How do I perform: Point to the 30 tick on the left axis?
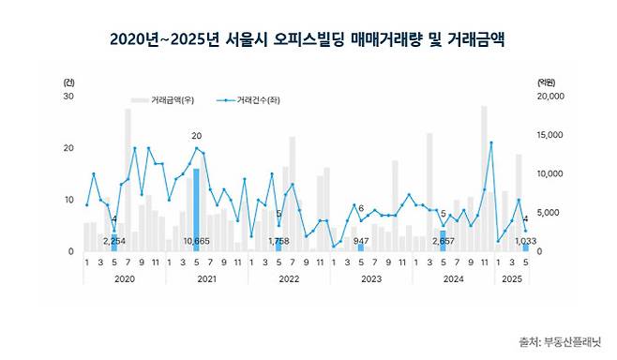pos(68,96)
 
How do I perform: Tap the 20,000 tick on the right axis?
pos(549,96)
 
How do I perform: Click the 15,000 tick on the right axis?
pos(549,135)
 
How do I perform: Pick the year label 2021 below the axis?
pos(206,278)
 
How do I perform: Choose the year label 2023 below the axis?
pos(370,278)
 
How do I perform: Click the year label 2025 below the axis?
pos(512,278)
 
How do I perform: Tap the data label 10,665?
pos(196,242)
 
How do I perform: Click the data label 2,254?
pos(113,242)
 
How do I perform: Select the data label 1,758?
pos(278,242)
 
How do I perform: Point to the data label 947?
pos(360,242)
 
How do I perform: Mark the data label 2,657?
pos(443,242)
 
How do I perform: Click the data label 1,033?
pos(525,242)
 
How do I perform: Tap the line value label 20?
pos(196,136)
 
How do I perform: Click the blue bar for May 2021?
pos(196,202)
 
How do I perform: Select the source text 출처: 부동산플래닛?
pos(560,340)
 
